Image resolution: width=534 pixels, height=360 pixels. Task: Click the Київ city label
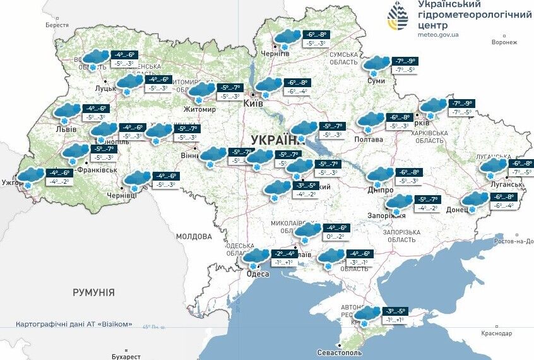[253, 104]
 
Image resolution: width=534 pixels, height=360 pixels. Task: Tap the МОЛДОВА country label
[194, 236]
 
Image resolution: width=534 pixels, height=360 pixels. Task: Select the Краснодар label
[495, 333]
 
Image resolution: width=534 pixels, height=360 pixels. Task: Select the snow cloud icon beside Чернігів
[285, 38]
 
